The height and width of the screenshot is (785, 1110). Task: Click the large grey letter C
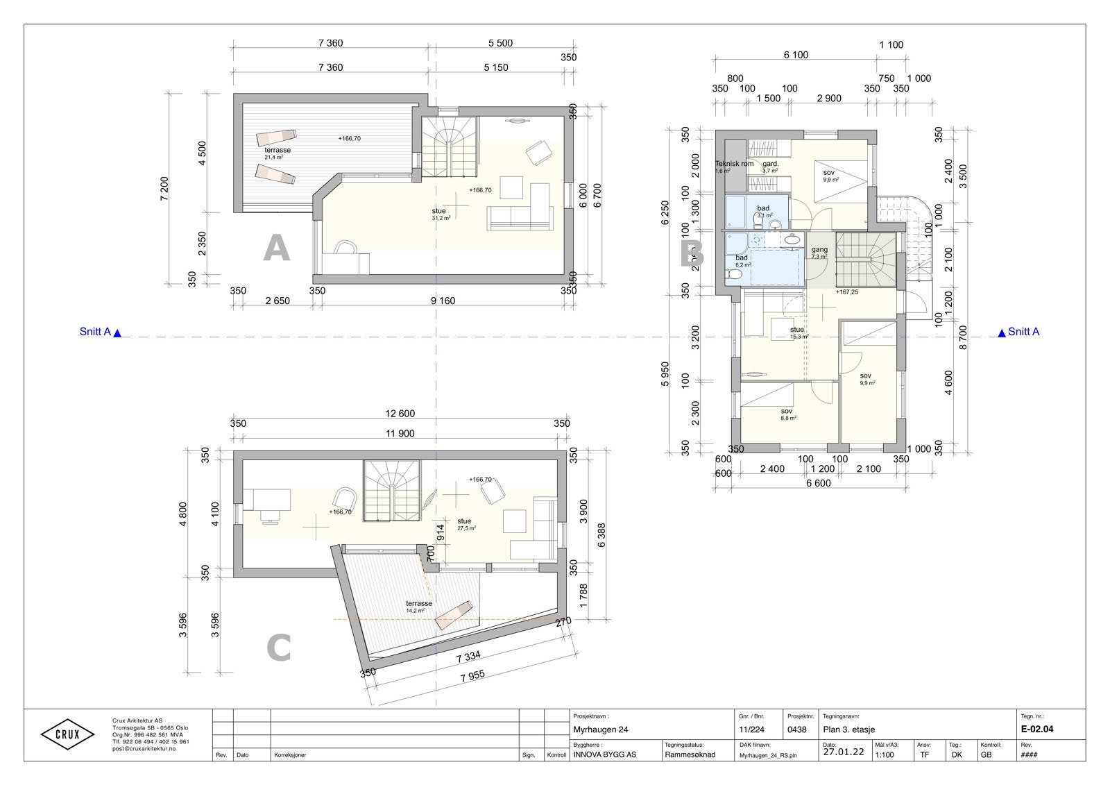point(278,650)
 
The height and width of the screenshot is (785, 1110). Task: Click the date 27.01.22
point(843,752)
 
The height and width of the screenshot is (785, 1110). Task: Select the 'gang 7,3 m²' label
point(819,252)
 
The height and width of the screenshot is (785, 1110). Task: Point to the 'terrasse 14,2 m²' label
point(419,606)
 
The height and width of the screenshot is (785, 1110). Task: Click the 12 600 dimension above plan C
point(400,414)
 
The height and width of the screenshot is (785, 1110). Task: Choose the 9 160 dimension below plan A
point(443,301)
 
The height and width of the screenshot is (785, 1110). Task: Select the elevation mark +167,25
point(847,292)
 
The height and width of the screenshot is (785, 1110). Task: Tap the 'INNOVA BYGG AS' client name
point(605,754)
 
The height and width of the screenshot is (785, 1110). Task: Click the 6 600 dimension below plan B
point(819,484)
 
